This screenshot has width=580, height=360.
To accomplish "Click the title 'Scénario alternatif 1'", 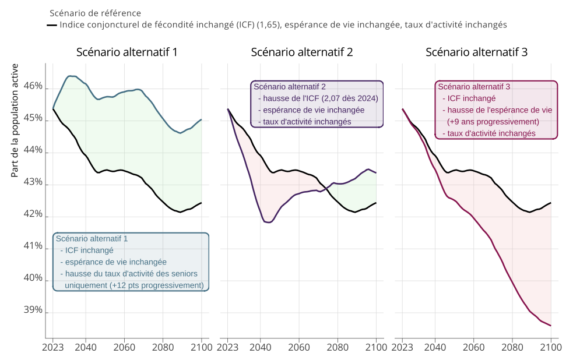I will click(126, 52).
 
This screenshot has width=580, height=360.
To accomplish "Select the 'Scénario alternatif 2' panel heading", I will click(301, 52).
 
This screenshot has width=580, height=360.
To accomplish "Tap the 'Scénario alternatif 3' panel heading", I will click(476, 52).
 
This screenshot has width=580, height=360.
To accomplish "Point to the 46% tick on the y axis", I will click(33, 86).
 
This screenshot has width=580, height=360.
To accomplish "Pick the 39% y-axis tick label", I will click(33, 310).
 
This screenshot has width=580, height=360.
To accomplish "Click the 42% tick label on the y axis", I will click(33, 214).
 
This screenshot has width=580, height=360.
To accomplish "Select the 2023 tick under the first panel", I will click(53, 348).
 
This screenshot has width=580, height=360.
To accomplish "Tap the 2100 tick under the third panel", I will click(551, 348).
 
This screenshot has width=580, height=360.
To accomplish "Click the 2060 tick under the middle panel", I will click(299, 348).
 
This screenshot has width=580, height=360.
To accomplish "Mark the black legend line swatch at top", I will click(52, 25).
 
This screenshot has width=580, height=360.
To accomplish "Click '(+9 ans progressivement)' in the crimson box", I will click(493, 122).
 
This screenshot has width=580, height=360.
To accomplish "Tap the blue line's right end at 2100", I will click(201, 119).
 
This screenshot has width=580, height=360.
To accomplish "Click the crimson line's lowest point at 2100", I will click(551, 326).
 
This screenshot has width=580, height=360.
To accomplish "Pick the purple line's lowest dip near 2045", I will click(268, 223).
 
